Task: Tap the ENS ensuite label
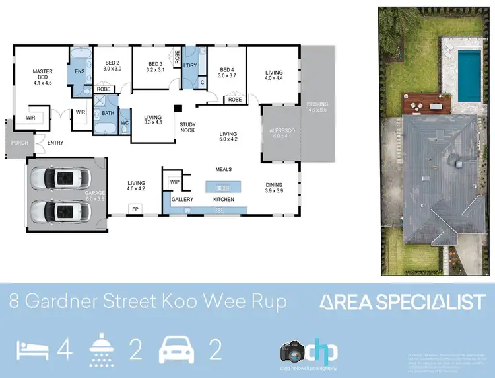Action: (x=79, y=71)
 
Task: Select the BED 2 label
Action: (x=112, y=65)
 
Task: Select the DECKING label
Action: (x=317, y=108)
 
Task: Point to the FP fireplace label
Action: (x=135, y=208)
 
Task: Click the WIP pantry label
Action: (x=174, y=181)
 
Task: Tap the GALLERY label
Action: (x=182, y=199)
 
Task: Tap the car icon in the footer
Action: (x=176, y=351)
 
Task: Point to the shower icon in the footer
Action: (x=104, y=351)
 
